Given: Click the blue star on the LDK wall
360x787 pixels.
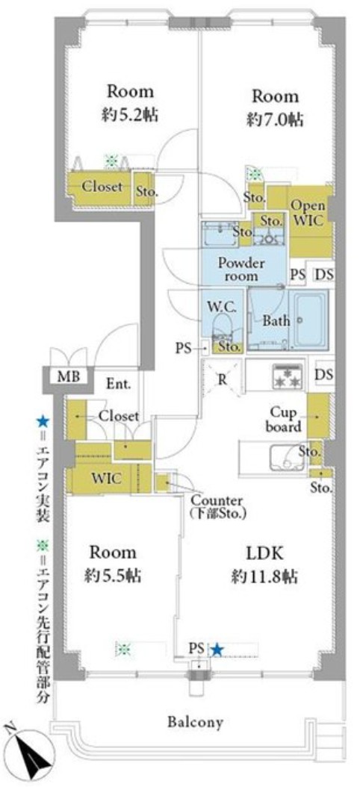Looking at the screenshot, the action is click(217, 650).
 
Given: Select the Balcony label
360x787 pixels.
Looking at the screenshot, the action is click(196, 723).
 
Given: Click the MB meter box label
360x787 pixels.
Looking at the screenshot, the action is click(68, 376).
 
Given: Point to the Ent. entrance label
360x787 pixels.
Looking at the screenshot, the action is click(119, 385).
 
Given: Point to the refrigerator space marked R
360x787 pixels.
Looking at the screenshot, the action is click(221, 379).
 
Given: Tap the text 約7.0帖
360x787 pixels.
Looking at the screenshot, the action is click(275, 120).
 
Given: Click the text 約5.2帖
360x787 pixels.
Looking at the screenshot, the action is click(129, 116).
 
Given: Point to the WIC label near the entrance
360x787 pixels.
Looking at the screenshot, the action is click(107, 479).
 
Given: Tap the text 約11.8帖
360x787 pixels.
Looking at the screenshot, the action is click(264, 576).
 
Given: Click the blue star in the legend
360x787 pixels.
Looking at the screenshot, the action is click(43, 420).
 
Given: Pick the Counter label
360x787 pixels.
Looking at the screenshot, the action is click(217, 500).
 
